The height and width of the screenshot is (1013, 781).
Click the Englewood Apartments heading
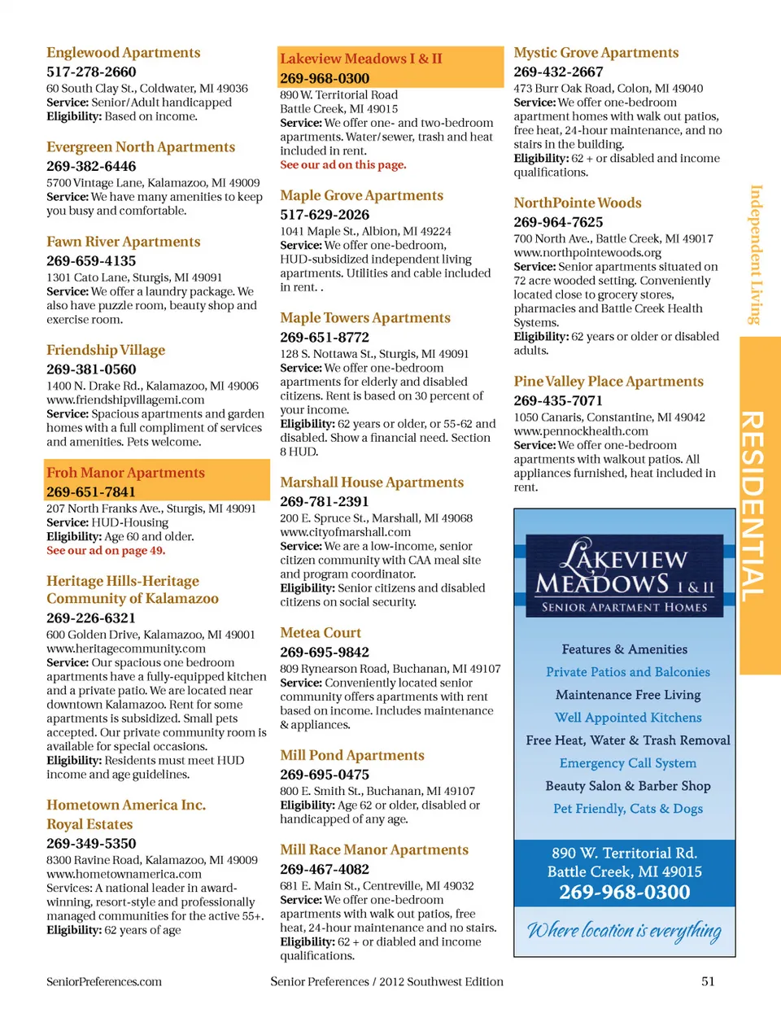click(x=123, y=53)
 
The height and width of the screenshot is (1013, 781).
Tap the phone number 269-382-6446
click(x=91, y=166)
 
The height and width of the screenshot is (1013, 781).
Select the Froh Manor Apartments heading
click(x=125, y=473)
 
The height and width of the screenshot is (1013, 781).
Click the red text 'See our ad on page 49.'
click(x=106, y=551)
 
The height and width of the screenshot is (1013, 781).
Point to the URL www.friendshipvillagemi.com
click(x=125, y=400)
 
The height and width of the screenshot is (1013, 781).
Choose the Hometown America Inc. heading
click(x=126, y=805)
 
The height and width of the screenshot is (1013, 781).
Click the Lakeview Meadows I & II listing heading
click(x=361, y=59)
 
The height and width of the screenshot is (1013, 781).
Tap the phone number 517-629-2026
click(x=325, y=215)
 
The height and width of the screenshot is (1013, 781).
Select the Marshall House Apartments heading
click(x=372, y=482)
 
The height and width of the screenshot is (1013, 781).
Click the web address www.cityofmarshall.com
click(x=346, y=532)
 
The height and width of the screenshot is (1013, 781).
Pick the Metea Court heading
click(x=321, y=633)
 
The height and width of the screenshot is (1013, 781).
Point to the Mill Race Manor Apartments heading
click(x=374, y=849)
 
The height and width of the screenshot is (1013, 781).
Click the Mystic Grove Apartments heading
click(x=596, y=53)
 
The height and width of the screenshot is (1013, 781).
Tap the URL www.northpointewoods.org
click(x=587, y=252)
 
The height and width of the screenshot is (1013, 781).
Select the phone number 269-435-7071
click(x=558, y=400)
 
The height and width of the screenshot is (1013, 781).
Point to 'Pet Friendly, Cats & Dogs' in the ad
click(x=628, y=809)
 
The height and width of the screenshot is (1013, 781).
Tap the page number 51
click(x=708, y=981)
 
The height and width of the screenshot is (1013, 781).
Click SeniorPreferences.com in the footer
click(x=104, y=981)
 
